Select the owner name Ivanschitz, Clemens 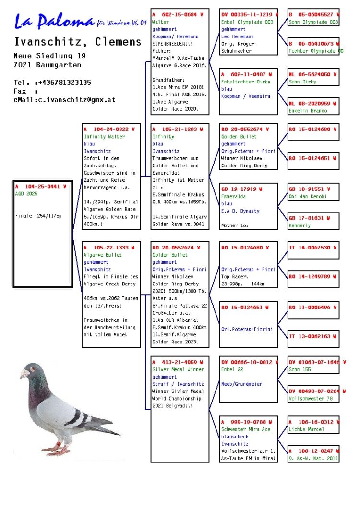(x=78, y=41)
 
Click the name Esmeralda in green (x=233, y=196)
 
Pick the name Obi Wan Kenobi (x=307, y=196)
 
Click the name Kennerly (x=300, y=225)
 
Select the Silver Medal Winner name (x=178, y=369)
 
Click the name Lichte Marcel (x=306, y=429)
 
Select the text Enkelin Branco (x=308, y=111)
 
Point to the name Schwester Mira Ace (x=246, y=429)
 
